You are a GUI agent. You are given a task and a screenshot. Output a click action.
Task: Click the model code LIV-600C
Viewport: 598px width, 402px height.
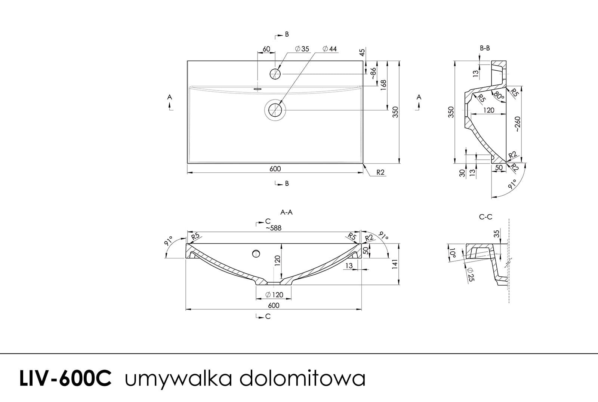tap(65, 378)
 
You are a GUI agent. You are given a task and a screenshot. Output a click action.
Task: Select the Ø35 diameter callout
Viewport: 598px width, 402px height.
tap(302, 49)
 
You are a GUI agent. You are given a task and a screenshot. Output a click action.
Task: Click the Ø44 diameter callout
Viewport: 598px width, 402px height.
tap(329, 49)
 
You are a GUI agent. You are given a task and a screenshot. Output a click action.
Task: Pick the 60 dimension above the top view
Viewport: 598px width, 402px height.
tap(266, 49)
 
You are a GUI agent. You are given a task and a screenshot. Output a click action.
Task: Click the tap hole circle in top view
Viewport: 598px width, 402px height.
tap(275, 74)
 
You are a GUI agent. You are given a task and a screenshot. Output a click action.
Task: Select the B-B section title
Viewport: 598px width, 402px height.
tap(485, 48)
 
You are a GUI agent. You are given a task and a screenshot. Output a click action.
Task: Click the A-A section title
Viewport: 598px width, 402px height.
tap(286, 212)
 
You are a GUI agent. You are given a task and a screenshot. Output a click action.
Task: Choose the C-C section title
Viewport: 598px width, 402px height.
tap(486, 217)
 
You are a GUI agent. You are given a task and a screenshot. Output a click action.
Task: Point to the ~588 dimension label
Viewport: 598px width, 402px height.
tap(274, 228)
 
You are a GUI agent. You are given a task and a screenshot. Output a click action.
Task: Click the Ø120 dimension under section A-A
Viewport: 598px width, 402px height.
tap(274, 295)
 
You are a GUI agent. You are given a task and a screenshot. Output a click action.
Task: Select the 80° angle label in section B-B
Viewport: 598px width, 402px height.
tap(499, 95)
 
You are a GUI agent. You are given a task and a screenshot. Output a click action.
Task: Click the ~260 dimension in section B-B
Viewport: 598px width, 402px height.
tap(517, 125)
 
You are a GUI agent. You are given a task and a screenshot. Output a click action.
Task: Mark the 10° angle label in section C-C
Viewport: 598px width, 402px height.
tap(453, 254)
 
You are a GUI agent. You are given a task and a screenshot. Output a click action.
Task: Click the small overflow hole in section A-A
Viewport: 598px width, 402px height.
tap(256, 254)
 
